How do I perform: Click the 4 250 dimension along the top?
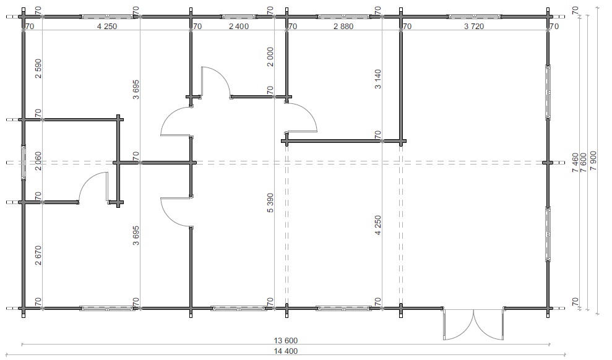107,27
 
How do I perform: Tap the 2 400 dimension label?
238,27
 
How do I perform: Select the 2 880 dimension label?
343,27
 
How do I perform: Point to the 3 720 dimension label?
474,27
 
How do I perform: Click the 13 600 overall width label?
286,341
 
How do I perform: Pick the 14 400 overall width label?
286,351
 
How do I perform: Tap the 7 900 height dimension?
593,161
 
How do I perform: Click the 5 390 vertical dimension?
270,203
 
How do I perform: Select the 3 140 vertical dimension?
378,79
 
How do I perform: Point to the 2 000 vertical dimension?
270,57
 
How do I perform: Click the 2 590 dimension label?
38,69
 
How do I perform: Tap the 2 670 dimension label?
38,255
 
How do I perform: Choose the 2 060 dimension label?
38,161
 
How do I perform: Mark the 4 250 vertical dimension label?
378,225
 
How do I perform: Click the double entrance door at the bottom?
473,324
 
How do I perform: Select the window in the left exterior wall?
24,162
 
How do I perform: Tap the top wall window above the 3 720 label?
474,17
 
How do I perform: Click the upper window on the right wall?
548,92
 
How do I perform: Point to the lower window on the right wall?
548,234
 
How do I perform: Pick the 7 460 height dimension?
575,163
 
